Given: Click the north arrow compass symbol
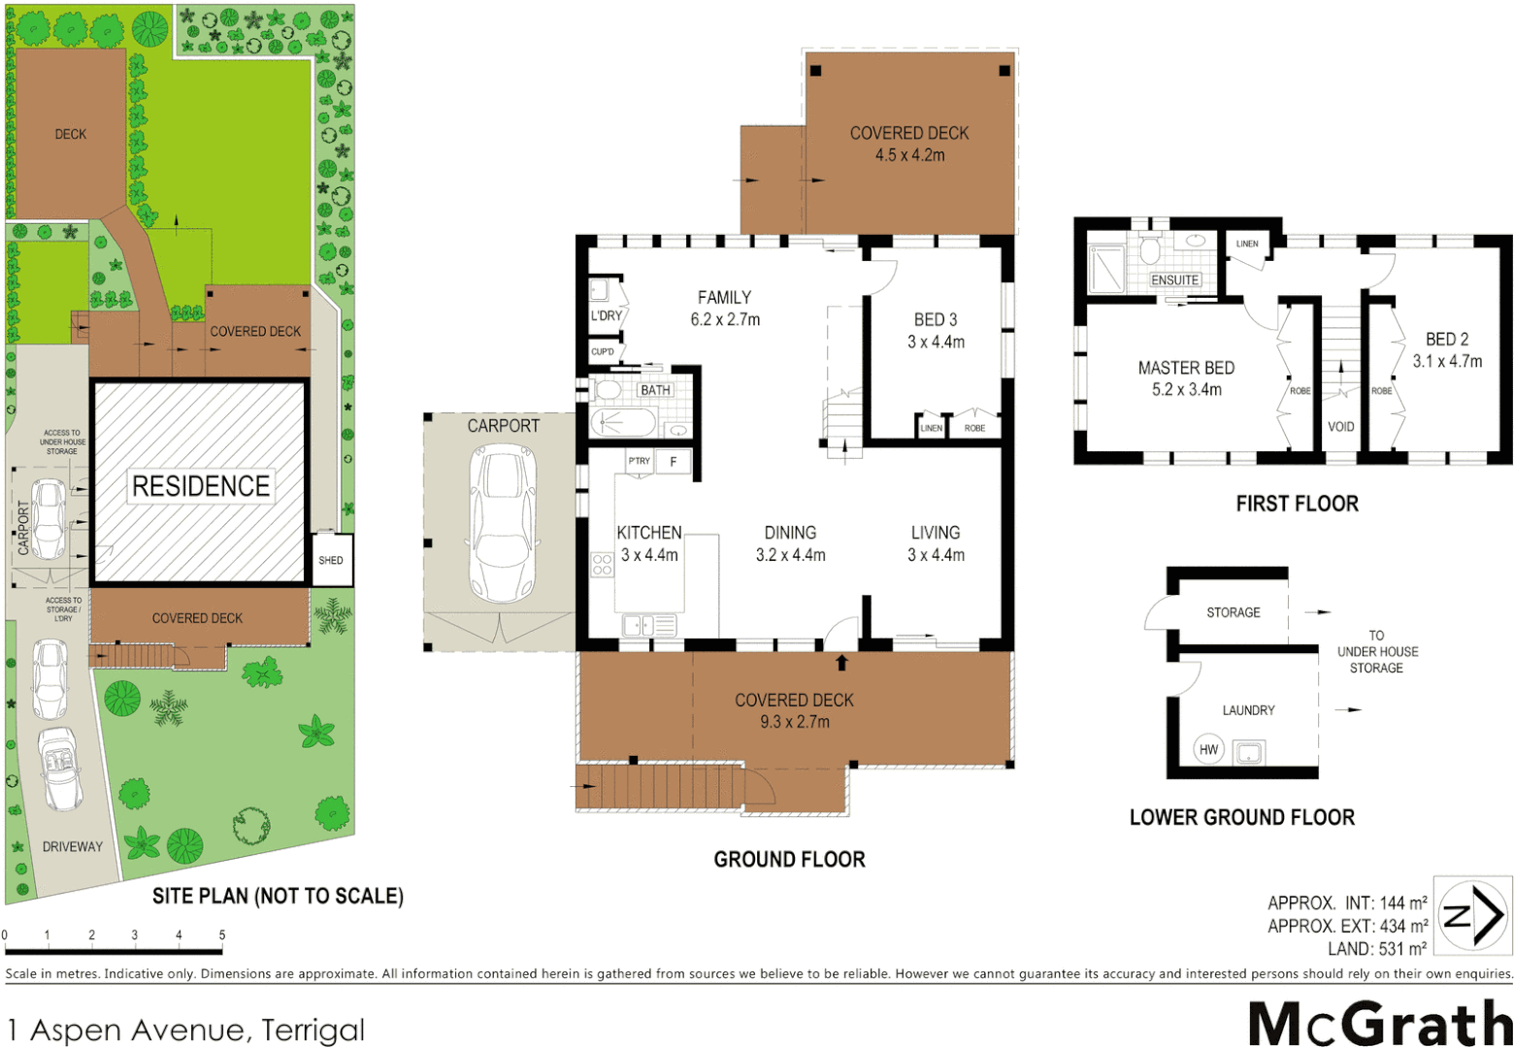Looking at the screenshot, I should tap(1473, 914).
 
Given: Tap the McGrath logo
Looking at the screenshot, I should tap(1379, 1024).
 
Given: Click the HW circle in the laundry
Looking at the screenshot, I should tap(1208, 750).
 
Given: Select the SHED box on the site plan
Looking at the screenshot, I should tap(331, 560).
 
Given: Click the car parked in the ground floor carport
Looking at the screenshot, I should tap(503, 524).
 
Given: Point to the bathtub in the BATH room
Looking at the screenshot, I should tap(623, 422).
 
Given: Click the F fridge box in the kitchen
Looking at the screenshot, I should tap(673, 462).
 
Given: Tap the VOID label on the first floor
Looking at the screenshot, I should tap(1340, 427).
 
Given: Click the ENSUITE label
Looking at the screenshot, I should tap(1174, 279).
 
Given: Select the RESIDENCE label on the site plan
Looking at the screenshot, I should tap(201, 486).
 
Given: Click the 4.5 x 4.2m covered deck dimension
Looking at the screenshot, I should tap(909, 155).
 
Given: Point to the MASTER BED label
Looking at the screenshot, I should tap(1186, 368).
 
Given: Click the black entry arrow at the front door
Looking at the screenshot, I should tap(841, 664).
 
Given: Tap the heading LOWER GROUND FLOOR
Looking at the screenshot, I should tap(1241, 817).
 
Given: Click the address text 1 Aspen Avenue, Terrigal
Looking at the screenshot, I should tap(186, 1030).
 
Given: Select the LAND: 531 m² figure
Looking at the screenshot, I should tap(1376, 948).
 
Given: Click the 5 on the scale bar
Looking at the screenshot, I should tap(222, 935).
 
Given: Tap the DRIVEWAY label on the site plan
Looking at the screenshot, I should tap(72, 846).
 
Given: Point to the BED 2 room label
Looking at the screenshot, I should tap(1446, 339).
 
